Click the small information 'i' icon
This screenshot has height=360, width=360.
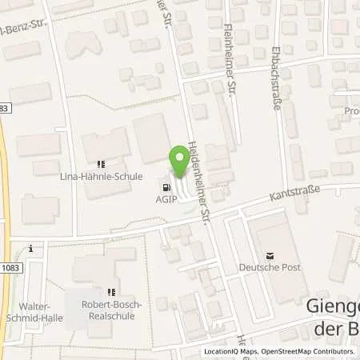tap(30, 248)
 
